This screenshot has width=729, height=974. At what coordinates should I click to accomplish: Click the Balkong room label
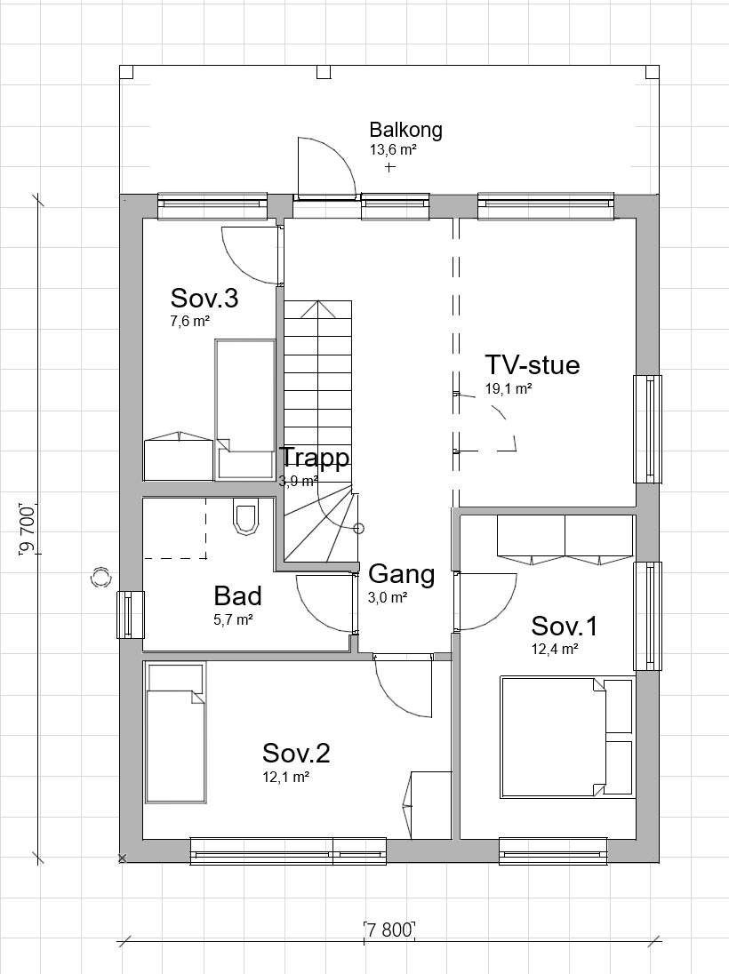point(405,130)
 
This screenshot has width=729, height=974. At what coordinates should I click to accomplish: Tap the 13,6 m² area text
point(393,149)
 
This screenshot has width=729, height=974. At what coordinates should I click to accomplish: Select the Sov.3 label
point(204,299)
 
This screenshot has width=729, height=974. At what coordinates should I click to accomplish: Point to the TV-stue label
point(532,364)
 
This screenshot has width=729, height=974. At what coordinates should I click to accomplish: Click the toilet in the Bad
point(245,517)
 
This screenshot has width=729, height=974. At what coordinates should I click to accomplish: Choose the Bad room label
point(237,595)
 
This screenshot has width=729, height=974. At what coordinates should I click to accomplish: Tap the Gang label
point(402,575)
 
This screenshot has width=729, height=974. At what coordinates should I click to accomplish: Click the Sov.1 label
point(565,627)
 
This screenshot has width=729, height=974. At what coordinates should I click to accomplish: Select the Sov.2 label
point(296,753)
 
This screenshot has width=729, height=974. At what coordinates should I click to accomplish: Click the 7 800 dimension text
point(389,930)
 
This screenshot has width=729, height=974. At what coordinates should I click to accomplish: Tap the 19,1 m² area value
point(509,389)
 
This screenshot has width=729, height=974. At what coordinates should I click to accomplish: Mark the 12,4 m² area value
point(555,650)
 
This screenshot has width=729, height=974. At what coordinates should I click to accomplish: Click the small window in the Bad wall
point(131,614)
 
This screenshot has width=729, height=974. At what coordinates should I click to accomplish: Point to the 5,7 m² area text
point(233,619)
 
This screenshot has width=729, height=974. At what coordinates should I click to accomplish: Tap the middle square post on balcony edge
point(324,72)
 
